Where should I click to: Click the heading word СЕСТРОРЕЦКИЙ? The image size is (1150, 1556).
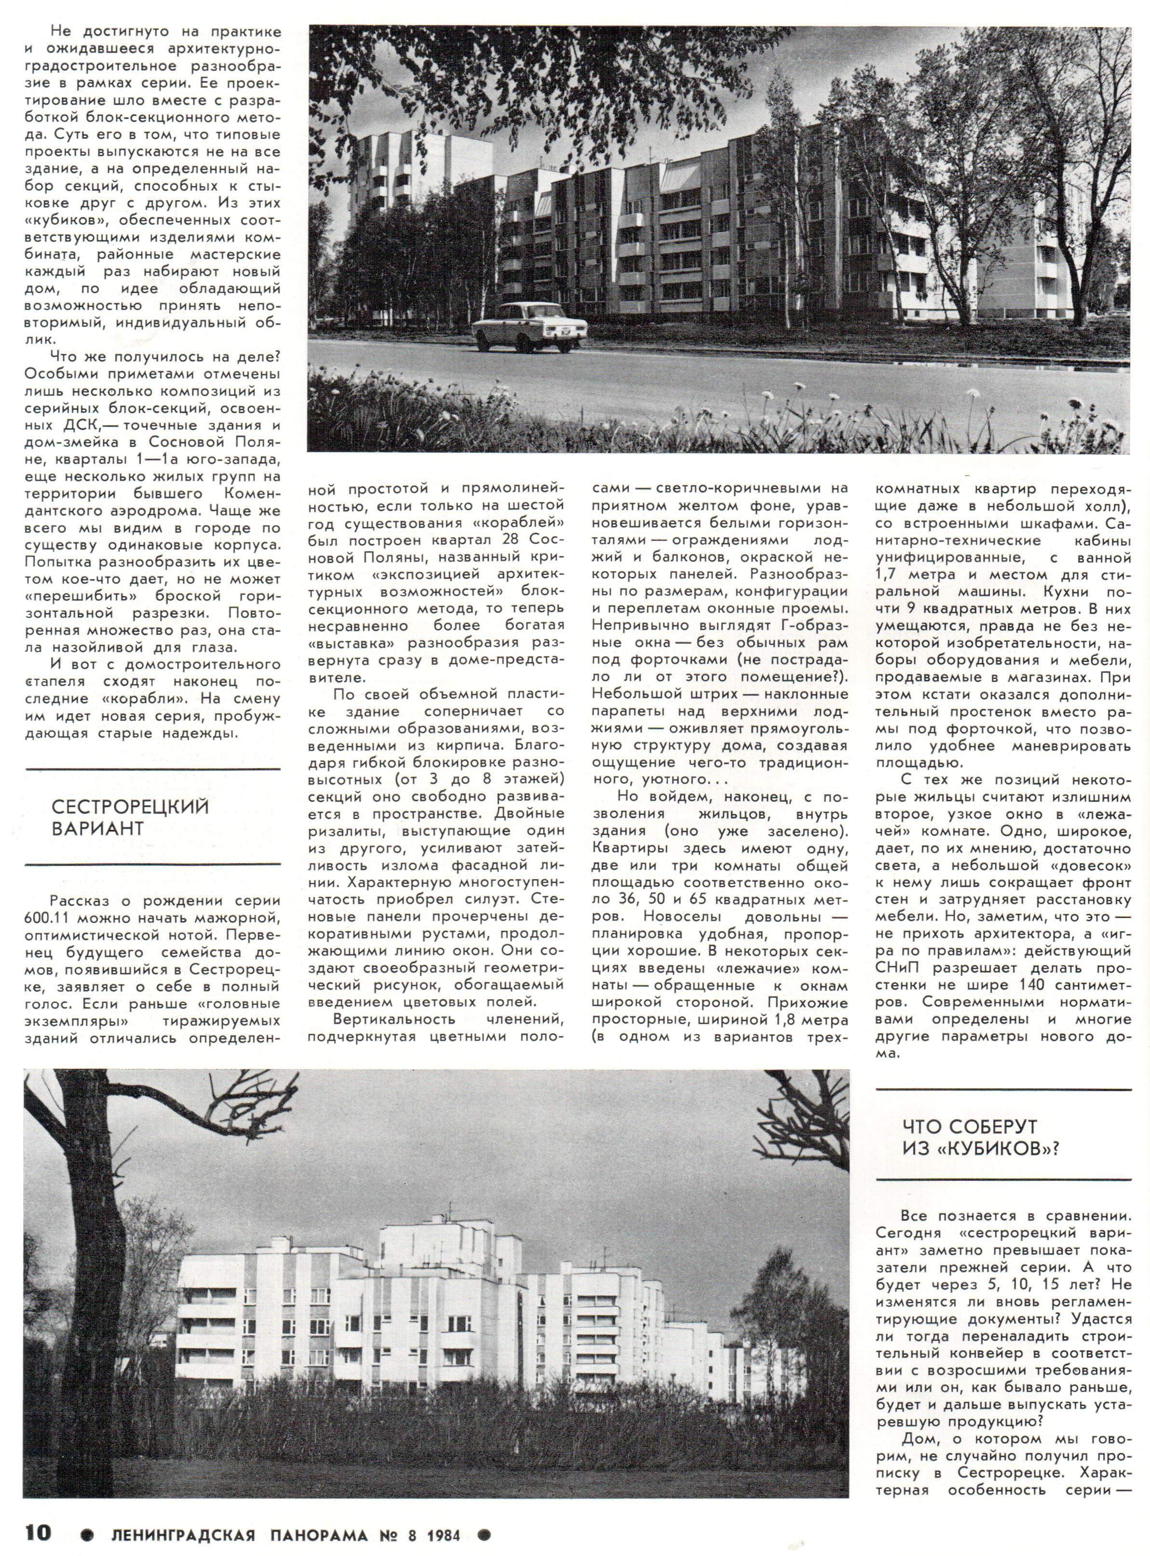130,808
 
